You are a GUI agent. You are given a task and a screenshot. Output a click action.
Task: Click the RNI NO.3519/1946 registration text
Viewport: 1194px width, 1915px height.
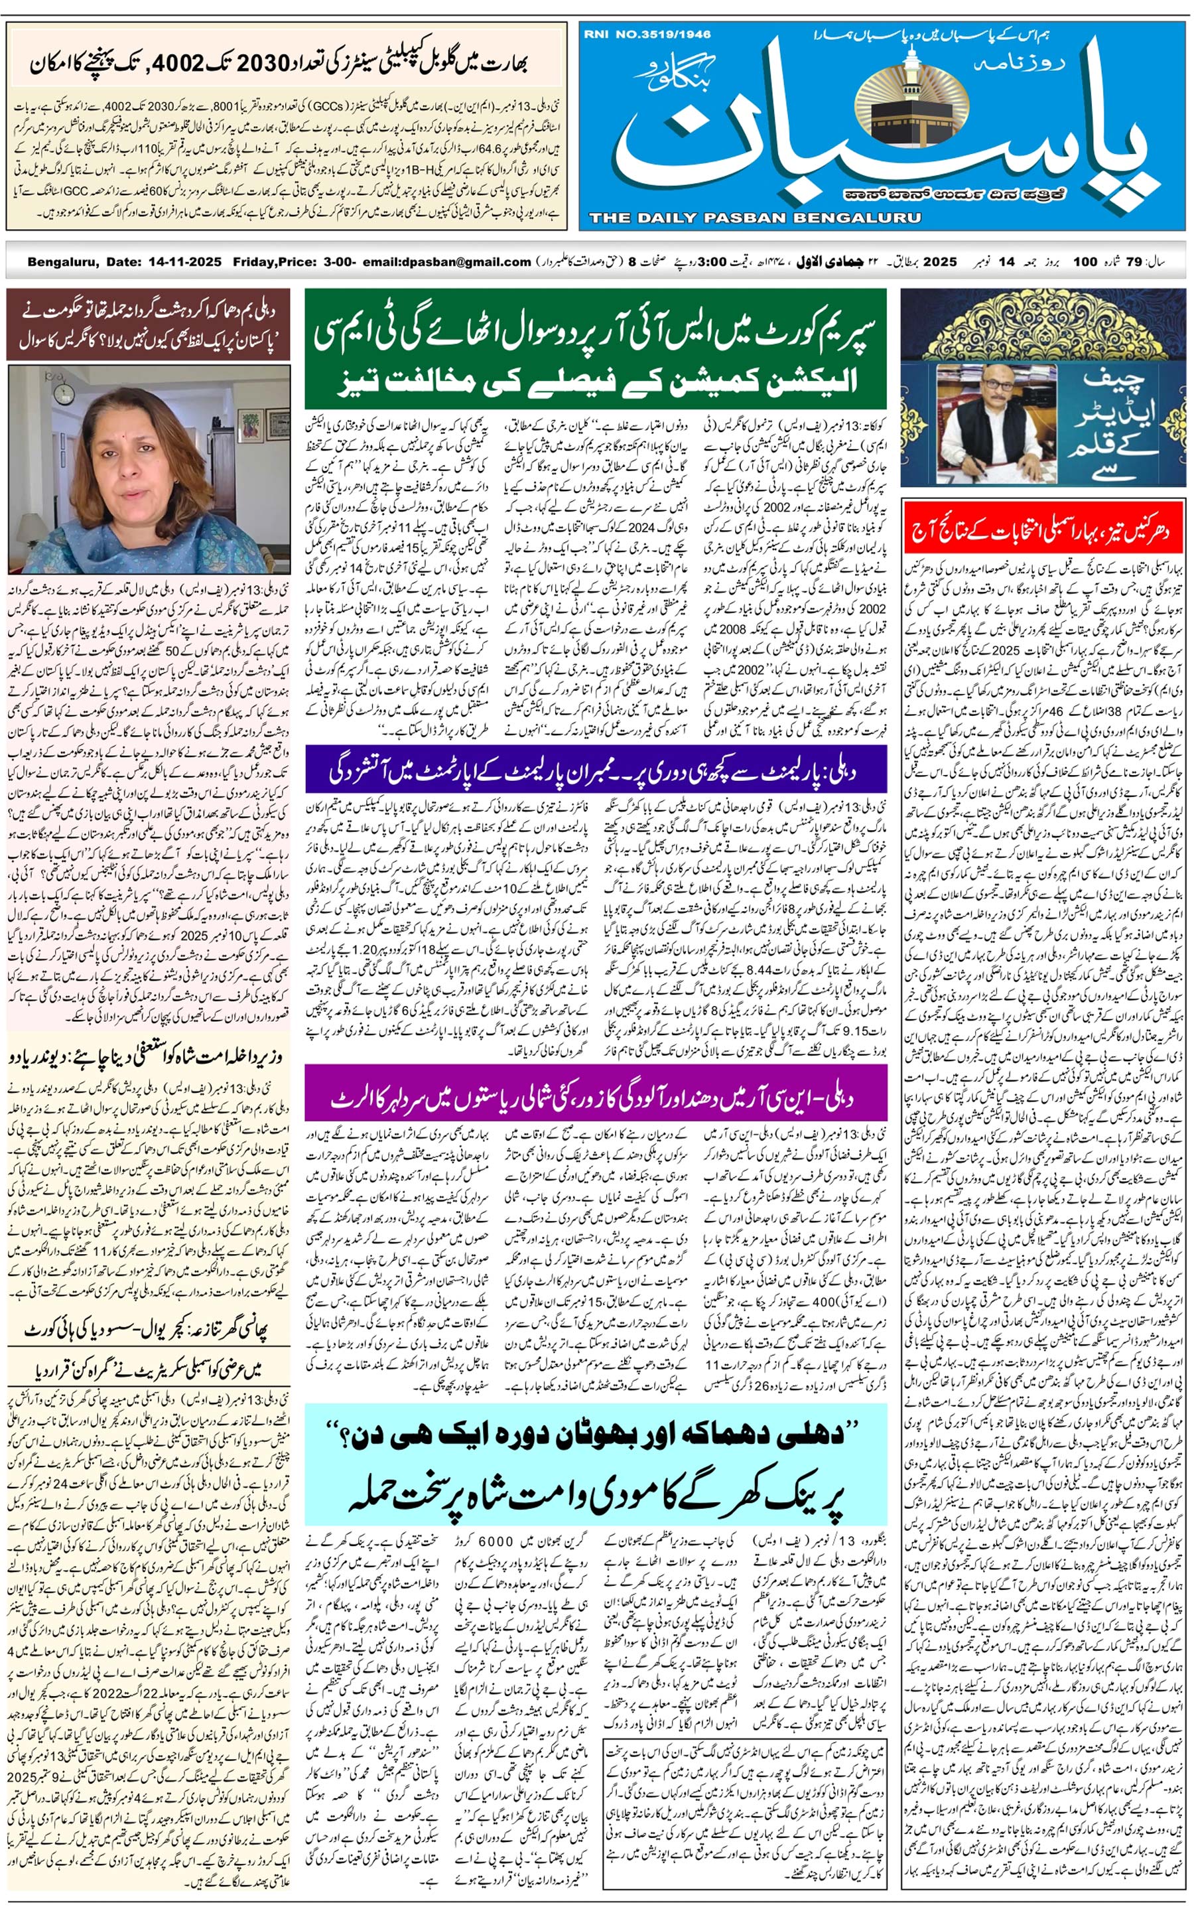point(647,34)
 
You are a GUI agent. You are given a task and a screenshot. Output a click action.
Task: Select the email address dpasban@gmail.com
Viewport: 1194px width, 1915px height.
point(447,261)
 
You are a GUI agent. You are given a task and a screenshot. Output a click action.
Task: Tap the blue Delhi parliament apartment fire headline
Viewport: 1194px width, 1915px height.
point(596,772)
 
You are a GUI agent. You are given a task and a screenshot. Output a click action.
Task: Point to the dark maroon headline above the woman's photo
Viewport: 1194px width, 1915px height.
point(149,326)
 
